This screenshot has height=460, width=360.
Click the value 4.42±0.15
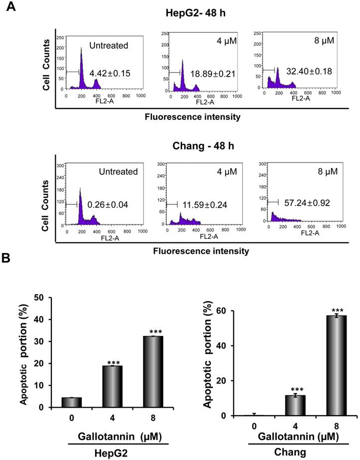point(110,74)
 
